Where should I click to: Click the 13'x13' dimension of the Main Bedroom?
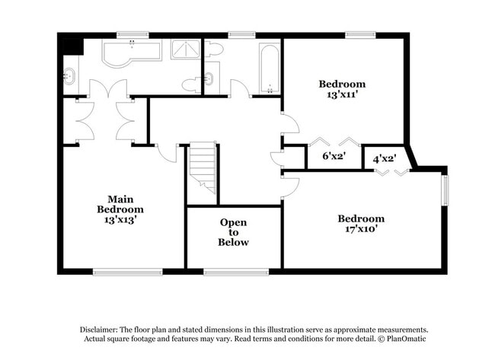(120, 219)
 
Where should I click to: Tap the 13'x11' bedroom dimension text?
(342, 95)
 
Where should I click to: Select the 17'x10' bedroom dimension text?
(361, 229)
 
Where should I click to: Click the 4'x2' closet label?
(385, 158)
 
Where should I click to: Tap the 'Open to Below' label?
(234, 232)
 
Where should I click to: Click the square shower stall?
(185, 49)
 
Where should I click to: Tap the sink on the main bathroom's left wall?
(69, 76)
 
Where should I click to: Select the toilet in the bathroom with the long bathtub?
(215, 50)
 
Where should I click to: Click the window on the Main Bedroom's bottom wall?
(127, 271)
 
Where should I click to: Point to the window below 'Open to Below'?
(235, 271)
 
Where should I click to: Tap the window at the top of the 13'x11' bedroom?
(360, 34)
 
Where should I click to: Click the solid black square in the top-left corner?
(72, 45)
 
